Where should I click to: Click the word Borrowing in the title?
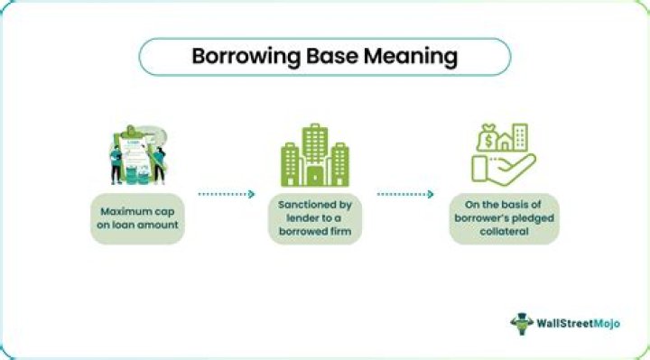pyautogui.click(x=241, y=56)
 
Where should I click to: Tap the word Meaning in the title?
pyautogui.click(x=411, y=56)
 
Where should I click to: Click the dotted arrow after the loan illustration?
pyautogui.click(x=226, y=193)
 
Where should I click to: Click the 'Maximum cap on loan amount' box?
pyautogui.click(x=138, y=217)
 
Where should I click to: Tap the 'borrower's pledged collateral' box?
pyautogui.click(x=505, y=217)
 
